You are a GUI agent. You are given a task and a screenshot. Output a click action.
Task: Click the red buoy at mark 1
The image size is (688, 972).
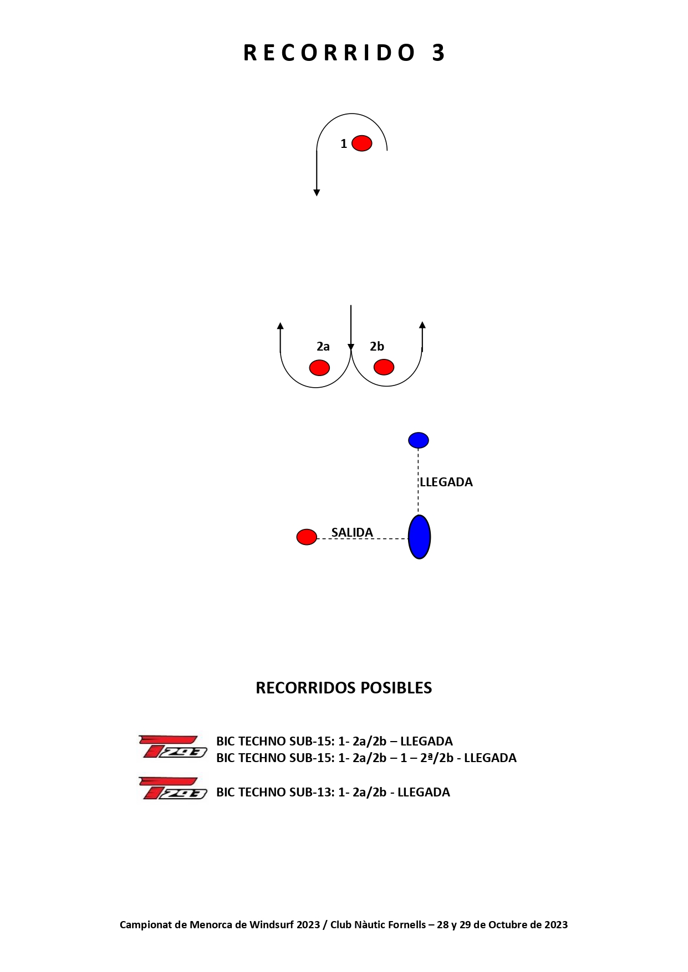pyautogui.click(x=361, y=143)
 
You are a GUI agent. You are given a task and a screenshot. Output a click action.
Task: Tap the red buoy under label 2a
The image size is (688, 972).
pyautogui.click(x=319, y=367)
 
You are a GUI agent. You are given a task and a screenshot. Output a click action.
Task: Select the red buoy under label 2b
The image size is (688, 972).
pyautogui.click(x=384, y=367)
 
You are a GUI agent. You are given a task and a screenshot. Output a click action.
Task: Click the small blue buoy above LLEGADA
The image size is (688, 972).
pyautogui.click(x=419, y=440)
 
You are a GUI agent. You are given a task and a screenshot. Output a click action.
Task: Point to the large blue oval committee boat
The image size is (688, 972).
pyautogui.click(x=419, y=537)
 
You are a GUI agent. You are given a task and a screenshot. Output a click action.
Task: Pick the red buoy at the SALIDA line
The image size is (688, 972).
pyautogui.click(x=307, y=537)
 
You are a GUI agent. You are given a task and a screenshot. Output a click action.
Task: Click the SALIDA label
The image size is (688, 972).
pyautogui.click(x=352, y=532)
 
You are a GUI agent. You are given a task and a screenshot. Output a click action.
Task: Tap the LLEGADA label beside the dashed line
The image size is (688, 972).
pyautogui.click(x=446, y=482)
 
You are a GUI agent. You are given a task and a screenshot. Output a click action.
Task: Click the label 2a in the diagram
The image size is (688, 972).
pyautogui.click(x=323, y=347)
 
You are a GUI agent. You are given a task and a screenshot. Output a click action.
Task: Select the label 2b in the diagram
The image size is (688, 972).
pyautogui.click(x=377, y=347)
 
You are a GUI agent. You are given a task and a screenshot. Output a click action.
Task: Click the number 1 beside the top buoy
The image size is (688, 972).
pyautogui.click(x=344, y=144)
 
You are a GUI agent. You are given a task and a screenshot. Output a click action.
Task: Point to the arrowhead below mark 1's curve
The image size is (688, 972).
pyautogui.click(x=317, y=192)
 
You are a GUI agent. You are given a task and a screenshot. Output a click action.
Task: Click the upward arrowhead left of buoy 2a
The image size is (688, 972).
pyautogui.click(x=281, y=326)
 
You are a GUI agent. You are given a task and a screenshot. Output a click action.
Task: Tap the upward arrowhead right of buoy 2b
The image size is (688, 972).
pyautogui.click(x=422, y=325)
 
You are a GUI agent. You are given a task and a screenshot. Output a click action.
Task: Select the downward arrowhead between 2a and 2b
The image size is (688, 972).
pyautogui.click(x=351, y=347)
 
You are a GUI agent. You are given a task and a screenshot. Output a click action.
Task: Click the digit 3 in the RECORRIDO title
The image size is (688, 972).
pyautogui.click(x=439, y=53)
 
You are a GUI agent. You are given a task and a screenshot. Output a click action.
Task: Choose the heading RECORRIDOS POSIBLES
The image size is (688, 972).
pyautogui.click(x=344, y=688)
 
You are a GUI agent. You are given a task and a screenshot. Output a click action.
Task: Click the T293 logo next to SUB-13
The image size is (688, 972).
pyautogui.click(x=173, y=788)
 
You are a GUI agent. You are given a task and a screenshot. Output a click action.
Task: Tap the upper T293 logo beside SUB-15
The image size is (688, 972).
pyautogui.click(x=173, y=747)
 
